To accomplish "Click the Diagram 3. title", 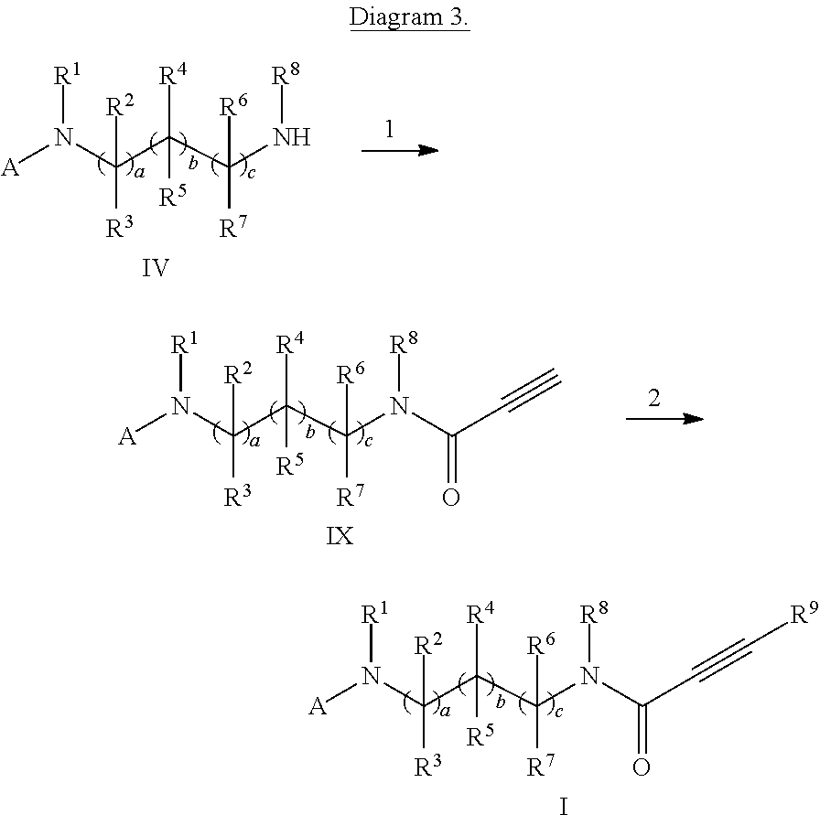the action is [410, 19].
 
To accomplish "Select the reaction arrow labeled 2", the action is [664, 418].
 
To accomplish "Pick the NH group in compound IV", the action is [293, 138].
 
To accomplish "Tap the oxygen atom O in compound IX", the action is [450, 498].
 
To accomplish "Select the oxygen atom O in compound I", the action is [642, 767].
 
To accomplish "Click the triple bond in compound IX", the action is [529, 390].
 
